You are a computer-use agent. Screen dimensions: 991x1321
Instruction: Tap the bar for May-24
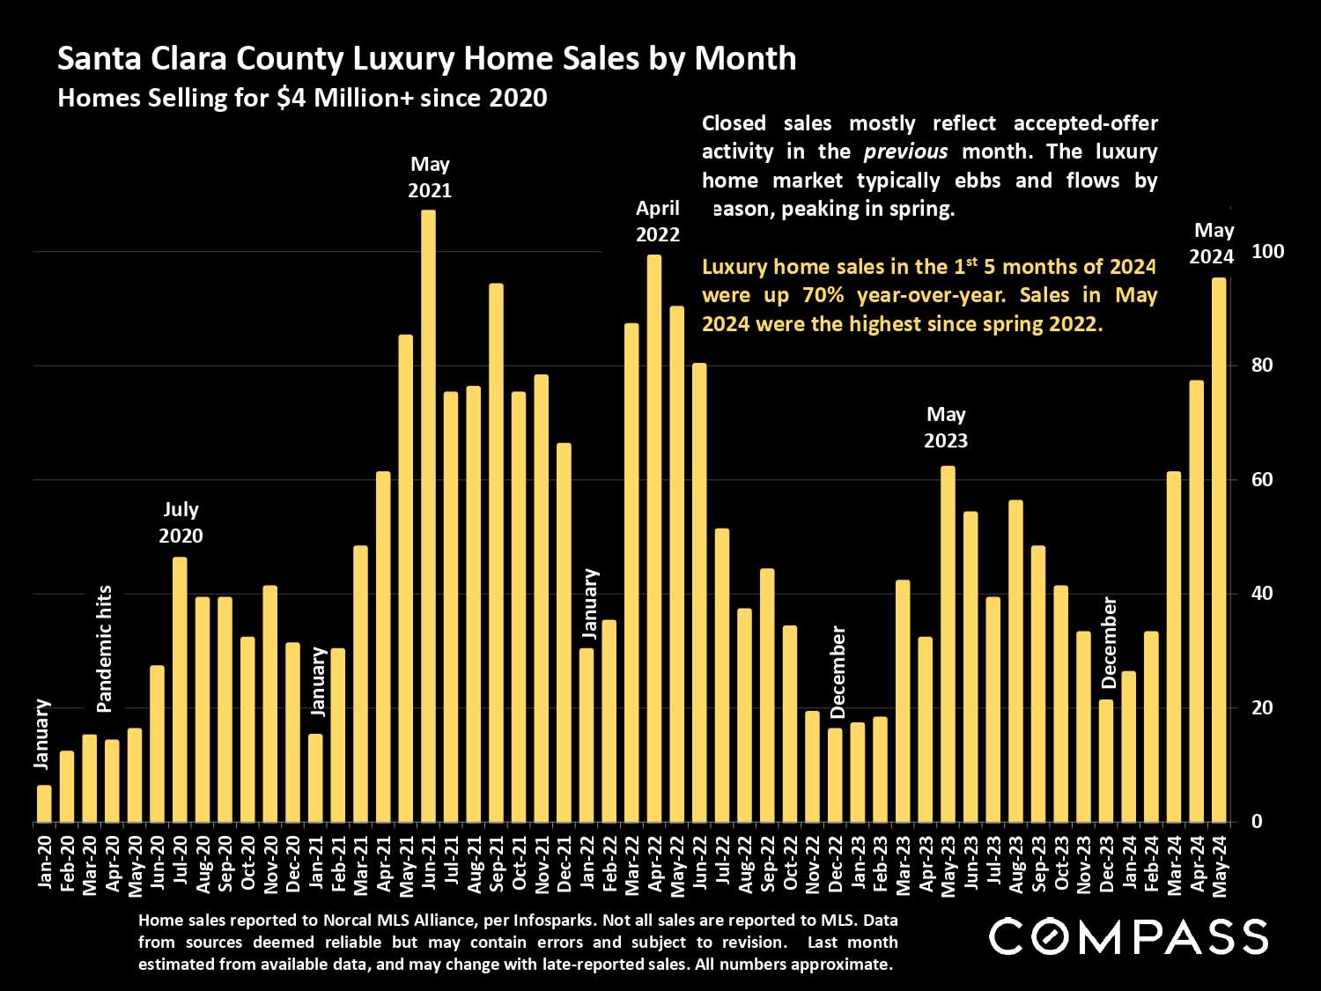pos(1219,551)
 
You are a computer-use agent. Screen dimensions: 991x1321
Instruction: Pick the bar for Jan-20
pos(44,803)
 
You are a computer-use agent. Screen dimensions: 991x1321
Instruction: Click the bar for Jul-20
pos(180,690)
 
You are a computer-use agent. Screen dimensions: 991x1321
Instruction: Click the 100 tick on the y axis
pos(1267,252)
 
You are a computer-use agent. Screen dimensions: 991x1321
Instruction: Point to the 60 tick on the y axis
pos(1262,480)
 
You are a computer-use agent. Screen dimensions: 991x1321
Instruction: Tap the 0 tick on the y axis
pos(1257,822)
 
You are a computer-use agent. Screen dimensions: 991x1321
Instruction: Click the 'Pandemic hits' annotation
pos(105,649)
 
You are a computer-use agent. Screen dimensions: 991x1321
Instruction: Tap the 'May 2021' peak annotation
pos(430,177)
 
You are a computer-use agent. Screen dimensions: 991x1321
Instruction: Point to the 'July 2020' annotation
pos(181,522)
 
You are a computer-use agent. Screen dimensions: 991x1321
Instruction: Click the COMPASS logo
pos(1128,936)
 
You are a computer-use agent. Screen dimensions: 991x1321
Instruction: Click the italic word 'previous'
pos(905,152)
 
